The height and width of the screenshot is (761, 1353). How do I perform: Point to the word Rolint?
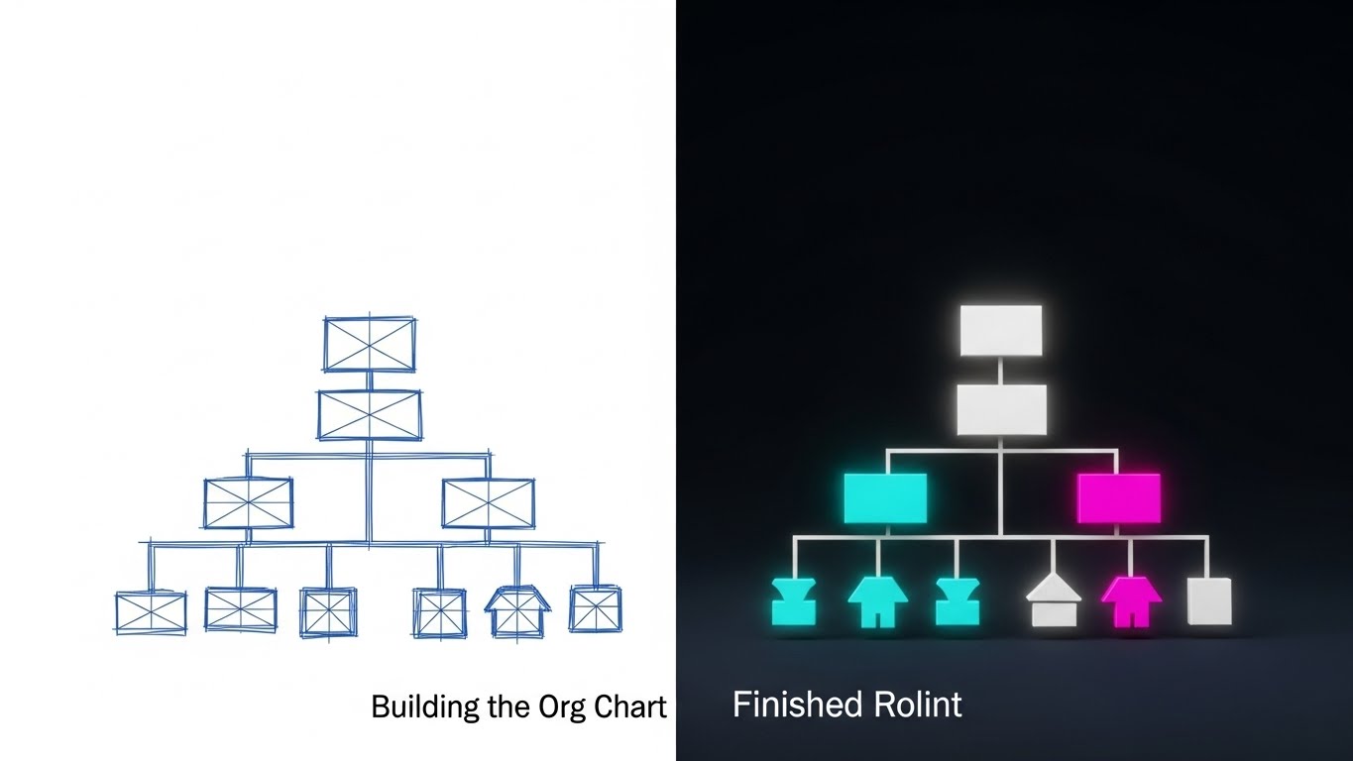918,706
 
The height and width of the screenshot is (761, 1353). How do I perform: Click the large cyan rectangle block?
885,497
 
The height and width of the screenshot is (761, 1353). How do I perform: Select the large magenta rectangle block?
1118,497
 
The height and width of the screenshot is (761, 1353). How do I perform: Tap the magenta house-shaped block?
1131,601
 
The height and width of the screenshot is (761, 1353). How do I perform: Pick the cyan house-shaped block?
877,601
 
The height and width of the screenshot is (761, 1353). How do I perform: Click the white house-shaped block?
1053,602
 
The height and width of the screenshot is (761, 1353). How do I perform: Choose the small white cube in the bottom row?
1209,600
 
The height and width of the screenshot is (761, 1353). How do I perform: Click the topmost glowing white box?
1001,330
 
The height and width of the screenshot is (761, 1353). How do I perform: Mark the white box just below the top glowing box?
1001,410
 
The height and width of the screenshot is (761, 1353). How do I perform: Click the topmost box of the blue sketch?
370,344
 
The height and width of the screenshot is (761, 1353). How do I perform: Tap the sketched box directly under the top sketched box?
370,414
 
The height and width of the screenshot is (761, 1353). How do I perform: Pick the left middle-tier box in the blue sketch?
248,503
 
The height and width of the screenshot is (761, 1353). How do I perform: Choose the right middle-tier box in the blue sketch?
488,503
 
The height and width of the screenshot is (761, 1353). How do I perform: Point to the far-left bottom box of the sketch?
151,612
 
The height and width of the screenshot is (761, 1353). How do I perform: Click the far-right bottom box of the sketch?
596,608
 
